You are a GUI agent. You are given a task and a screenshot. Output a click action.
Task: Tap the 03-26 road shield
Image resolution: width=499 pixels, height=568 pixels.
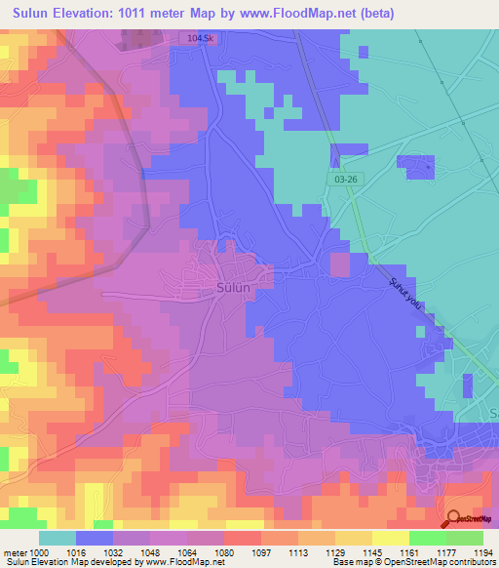pos(338,179)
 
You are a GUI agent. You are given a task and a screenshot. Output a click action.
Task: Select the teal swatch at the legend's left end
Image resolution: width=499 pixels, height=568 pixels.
pos(57,538)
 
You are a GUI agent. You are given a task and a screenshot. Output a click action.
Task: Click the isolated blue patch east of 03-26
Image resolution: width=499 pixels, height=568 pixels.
pos(417,167)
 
